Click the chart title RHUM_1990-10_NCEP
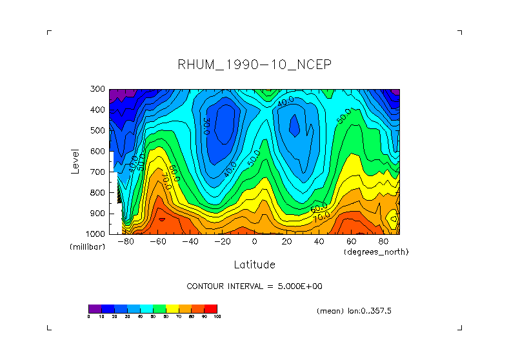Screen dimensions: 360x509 pyautogui.click(x=254, y=65)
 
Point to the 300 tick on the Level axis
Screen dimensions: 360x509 pyautogui.click(x=98, y=90)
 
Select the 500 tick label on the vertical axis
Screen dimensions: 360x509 pyautogui.click(x=98, y=131)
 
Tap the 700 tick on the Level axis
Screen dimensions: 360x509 pyautogui.click(x=98, y=172)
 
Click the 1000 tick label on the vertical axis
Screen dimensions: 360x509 pyautogui.click(x=96, y=234)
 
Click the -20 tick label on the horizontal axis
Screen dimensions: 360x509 pyautogui.click(x=223, y=241)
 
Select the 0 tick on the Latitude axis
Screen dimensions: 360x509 pyautogui.click(x=255, y=241)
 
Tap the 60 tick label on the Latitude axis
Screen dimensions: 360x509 pyautogui.click(x=352, y=241)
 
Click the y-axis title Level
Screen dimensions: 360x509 pyautogui.click(x=75, y=161)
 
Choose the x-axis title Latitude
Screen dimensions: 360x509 pyautogui.click(x=254, y=265)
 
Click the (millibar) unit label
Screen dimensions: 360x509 pyautogui.click(x=88, y=247)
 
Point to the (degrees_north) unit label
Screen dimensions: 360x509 pyautogui.click(x=376, y=252)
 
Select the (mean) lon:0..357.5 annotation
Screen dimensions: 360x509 pyautogui.click(x=354, y=310)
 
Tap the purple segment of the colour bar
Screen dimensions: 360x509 pyautogui.click(x=95, y=308)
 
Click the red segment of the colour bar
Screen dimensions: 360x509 pyautogui.click(x=211, y=308)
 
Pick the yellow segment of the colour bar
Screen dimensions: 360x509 pyautogui.click(x=172, y=308)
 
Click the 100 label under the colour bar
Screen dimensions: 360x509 pyautogui.click(x=216, y=317)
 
